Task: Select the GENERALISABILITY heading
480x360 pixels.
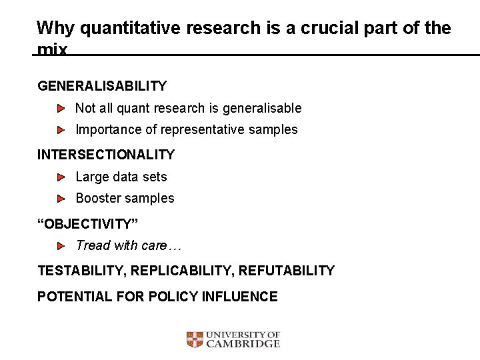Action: [x=102, y=86]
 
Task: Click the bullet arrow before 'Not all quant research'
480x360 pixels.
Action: [x=61, y=108]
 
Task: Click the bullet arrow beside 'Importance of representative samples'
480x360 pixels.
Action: [x=61, y=129]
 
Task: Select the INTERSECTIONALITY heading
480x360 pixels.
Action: [x=106, y=155]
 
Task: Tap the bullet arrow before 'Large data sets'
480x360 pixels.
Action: [x=61, y=177]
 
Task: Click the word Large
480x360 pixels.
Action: [x=91, y=177]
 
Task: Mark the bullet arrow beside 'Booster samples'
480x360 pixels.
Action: [x=61, y=199]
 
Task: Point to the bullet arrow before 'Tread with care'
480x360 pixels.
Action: [x=61, y=246]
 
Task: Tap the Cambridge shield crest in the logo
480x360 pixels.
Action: [x=194, y=340]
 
